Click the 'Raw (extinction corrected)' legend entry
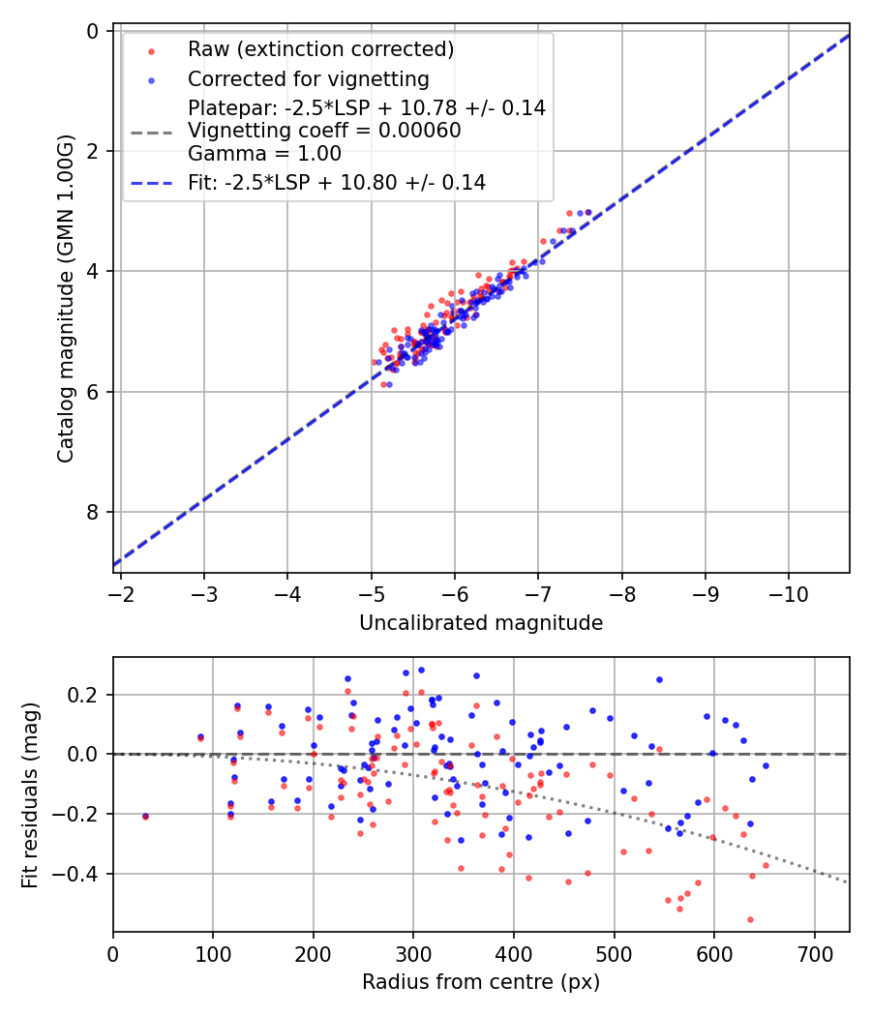click(320, 49)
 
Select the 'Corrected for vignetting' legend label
click(308, 78)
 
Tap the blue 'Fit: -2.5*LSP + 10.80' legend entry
click(336, 182)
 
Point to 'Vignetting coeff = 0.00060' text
click(324, 131)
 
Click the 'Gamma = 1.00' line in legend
click(264, 153)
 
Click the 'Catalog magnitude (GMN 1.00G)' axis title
click(65, 301)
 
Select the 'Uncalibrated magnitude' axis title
click(481, 623)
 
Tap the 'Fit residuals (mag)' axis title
click(30, 794)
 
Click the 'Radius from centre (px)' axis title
click(481, 982)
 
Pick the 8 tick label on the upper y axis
click(93, 512)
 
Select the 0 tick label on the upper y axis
click(93, 31)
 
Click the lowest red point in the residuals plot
click(750, 919)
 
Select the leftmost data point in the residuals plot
click(145, 817)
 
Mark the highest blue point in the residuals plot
click(421, 670)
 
